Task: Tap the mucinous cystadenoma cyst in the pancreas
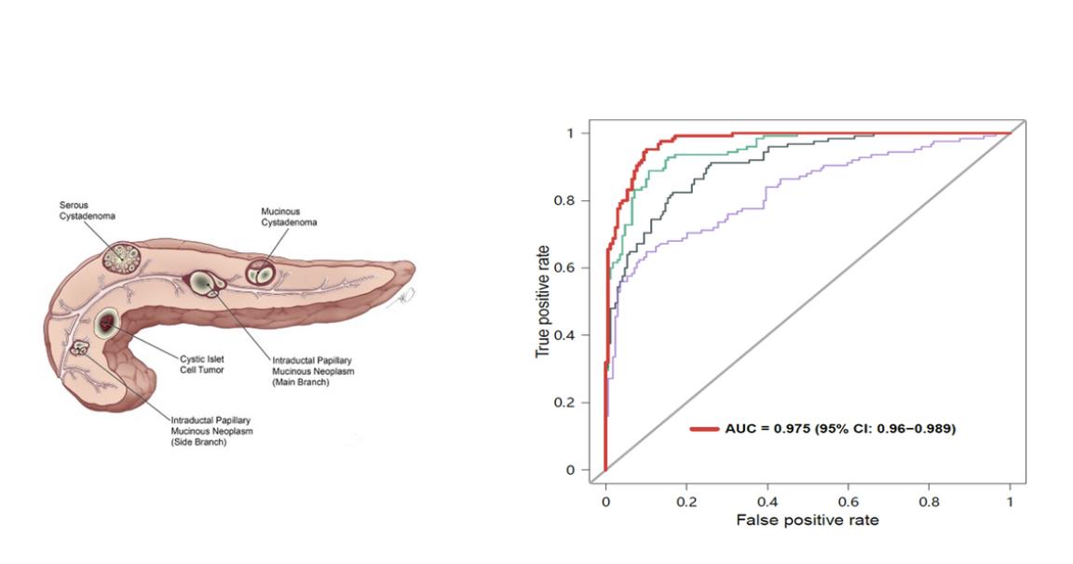[261, 274]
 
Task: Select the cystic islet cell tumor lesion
[108, 323]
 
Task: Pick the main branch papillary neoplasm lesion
[203, 282]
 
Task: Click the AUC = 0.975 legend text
[839, 429]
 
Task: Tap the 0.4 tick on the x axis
[767, 500]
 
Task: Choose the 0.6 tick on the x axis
[848, 500]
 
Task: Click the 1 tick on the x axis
[1010, 500]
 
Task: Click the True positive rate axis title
[544, 302]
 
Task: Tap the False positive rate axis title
[807, 520]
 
